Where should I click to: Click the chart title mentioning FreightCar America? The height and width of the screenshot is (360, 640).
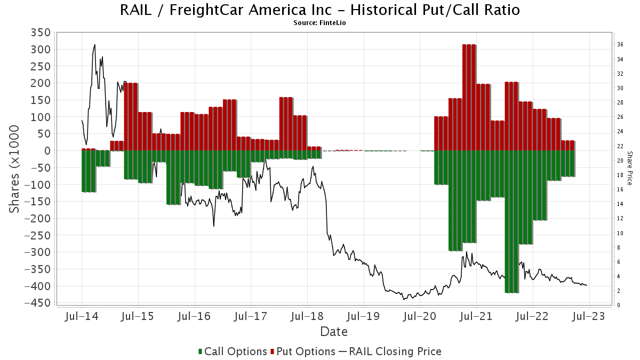tap(320, 10)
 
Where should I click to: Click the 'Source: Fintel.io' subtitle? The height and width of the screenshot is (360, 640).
tap(320, 23)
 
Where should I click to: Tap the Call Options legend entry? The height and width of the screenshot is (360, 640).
tap(233, 351)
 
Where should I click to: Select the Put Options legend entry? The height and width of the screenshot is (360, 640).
tap(303, 351)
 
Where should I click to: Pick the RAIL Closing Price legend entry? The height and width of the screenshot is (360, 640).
tap(390, 351)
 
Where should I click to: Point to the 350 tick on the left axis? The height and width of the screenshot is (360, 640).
tap(41, 33)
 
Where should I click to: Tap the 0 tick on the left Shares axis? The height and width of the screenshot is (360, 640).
tap(47, 151)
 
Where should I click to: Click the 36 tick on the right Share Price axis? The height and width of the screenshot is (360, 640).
tap(620, 45)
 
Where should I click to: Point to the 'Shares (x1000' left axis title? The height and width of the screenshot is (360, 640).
tap(14, 169)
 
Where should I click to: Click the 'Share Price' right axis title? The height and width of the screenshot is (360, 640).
tap(629, 167)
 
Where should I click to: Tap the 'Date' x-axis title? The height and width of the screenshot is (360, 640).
tap(334, 332)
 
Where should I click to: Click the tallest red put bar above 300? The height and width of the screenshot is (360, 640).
tap(469, 96)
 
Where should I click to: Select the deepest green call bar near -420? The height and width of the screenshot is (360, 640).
tap(511, 221)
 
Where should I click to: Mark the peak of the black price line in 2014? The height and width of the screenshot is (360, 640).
tap(95, 45)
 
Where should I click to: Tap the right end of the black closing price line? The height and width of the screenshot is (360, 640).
tap(587, 285)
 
